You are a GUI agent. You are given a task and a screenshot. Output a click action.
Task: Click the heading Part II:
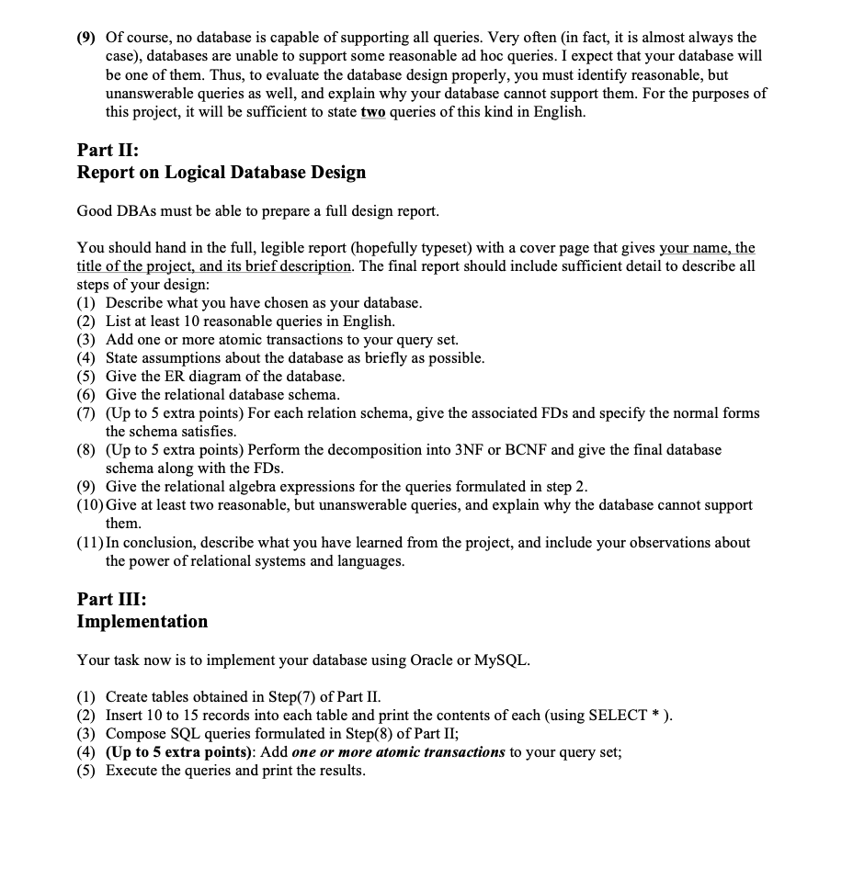(107, 148)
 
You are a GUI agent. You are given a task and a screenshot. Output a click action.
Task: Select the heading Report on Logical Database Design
(221, 173)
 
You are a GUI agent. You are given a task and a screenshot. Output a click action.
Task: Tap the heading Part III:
(110, 598)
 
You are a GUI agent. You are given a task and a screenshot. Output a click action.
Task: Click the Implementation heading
(142, 622)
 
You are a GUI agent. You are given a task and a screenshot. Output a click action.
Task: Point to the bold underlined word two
(372, 112)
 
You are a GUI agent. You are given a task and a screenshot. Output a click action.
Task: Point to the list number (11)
(90, 543)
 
